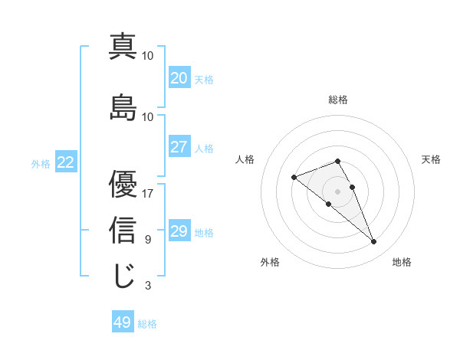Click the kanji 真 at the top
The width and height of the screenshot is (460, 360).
(x=123, y=47)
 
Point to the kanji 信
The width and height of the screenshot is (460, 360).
(x=123, y=230)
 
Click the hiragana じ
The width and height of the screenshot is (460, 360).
(x=123, y=276)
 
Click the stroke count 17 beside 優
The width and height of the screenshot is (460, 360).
(x=148, y=194)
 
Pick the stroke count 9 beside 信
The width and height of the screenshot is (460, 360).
(x=148, y=240)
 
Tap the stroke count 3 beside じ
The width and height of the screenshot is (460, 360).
(x=148, y=286)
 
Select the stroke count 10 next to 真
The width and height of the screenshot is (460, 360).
(x=148, y=56)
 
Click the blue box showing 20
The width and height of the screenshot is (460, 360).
(x=179, y=77)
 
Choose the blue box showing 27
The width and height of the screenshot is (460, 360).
(x=179, y=146)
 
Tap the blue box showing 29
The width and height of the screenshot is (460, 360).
(x=179, y=231)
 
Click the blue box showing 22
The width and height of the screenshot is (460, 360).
(x=66, y=162)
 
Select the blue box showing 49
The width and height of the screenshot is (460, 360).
(x=123, y=322)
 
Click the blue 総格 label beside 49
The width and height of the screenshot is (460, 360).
(x=147, y=324)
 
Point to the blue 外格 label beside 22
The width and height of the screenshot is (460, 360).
(x=41, y=163)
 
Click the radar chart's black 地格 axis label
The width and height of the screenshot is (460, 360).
(x=402, y=262)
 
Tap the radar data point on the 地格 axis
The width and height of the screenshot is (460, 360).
(x=374, y=242)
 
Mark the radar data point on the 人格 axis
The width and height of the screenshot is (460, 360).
(x=294, y=178)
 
